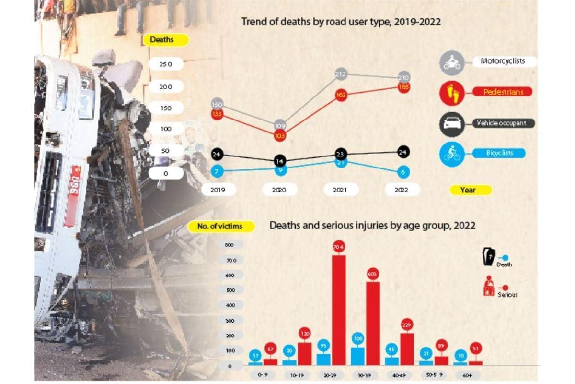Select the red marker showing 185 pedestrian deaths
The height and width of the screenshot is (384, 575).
click(403, 87)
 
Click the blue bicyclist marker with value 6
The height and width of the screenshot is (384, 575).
click(403, 171)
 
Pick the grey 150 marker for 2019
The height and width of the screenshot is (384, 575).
click(217, 104)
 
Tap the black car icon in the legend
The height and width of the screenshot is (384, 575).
click(452, 124)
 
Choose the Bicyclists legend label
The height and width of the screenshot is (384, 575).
click(500, 153)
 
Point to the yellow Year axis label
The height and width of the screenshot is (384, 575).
click(470, 190)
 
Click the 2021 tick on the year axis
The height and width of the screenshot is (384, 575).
click(340, 190)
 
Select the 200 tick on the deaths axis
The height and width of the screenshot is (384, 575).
click(165, 87)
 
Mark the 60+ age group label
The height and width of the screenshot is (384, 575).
click(462, 374)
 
